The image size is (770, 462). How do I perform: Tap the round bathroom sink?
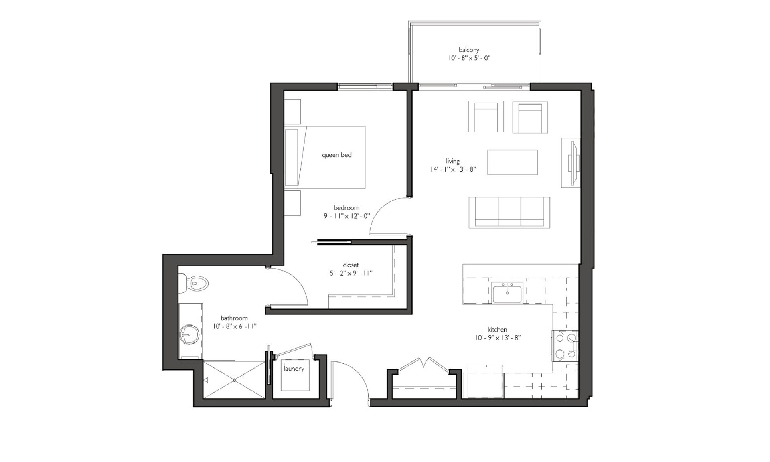pos(189,334)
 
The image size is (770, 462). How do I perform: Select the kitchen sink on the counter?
pos(507,293)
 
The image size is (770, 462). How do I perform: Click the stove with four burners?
pos(565,346)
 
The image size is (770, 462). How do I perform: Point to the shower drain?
pos(234,379)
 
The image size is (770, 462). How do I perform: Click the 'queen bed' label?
pos(337,155)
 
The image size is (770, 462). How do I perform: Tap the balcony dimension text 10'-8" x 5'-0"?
pos(469,58)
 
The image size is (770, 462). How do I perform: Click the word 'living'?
pos(452,161)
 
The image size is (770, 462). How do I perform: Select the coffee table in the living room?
pos(513,162)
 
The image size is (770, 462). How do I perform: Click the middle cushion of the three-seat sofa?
pos(509,212)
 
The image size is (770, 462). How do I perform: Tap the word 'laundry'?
pos(294,369)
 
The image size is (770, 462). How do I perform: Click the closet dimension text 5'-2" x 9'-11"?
pos(351,274)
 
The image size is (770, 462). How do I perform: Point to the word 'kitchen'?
pos(497,330)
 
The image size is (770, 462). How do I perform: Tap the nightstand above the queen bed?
pos(292,112)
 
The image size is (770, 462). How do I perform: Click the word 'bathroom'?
pos(234,318)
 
